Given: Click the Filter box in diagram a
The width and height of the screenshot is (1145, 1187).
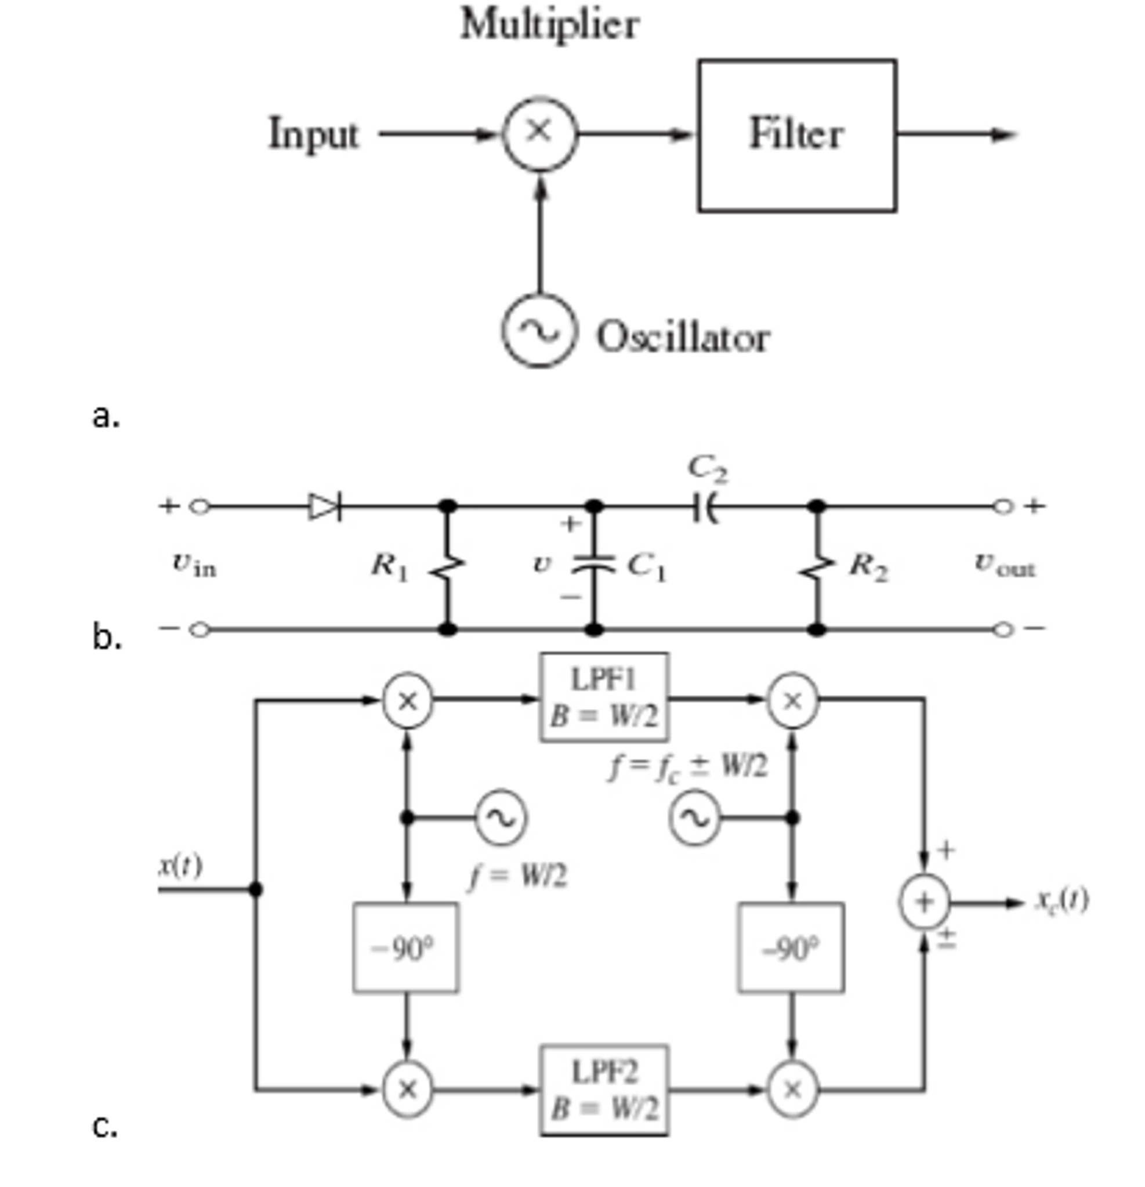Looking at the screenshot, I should click(796, 135).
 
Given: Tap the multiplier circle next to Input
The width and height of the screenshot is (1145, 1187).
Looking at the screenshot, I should click(539, 133).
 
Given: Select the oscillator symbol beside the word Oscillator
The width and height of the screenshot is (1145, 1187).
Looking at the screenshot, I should click(538, 331).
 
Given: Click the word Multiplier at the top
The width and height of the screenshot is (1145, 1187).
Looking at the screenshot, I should click(549, 24).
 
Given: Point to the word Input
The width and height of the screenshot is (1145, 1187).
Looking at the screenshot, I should click(314, 134).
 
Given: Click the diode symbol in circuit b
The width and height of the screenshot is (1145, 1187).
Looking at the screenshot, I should click(325, 506).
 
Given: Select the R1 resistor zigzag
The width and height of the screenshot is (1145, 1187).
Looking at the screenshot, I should click(447, 567).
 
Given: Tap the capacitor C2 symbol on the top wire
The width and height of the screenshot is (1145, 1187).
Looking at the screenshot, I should click(704, 506).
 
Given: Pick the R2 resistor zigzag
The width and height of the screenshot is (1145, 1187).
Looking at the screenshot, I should click(817, 567).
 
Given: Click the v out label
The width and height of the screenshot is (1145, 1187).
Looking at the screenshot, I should click(1004, 564).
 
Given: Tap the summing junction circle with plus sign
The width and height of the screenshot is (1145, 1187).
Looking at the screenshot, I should click(923, 902).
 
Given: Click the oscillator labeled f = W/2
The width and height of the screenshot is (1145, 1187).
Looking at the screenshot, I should click(501, 818).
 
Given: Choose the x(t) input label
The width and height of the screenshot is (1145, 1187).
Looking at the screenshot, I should click(180, 866).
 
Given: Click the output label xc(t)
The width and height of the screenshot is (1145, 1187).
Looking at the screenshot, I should click(1061, 900).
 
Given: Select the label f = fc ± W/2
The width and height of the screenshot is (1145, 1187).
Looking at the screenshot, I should click(688, 768).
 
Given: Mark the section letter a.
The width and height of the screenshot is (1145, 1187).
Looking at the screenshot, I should click(106, 417).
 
